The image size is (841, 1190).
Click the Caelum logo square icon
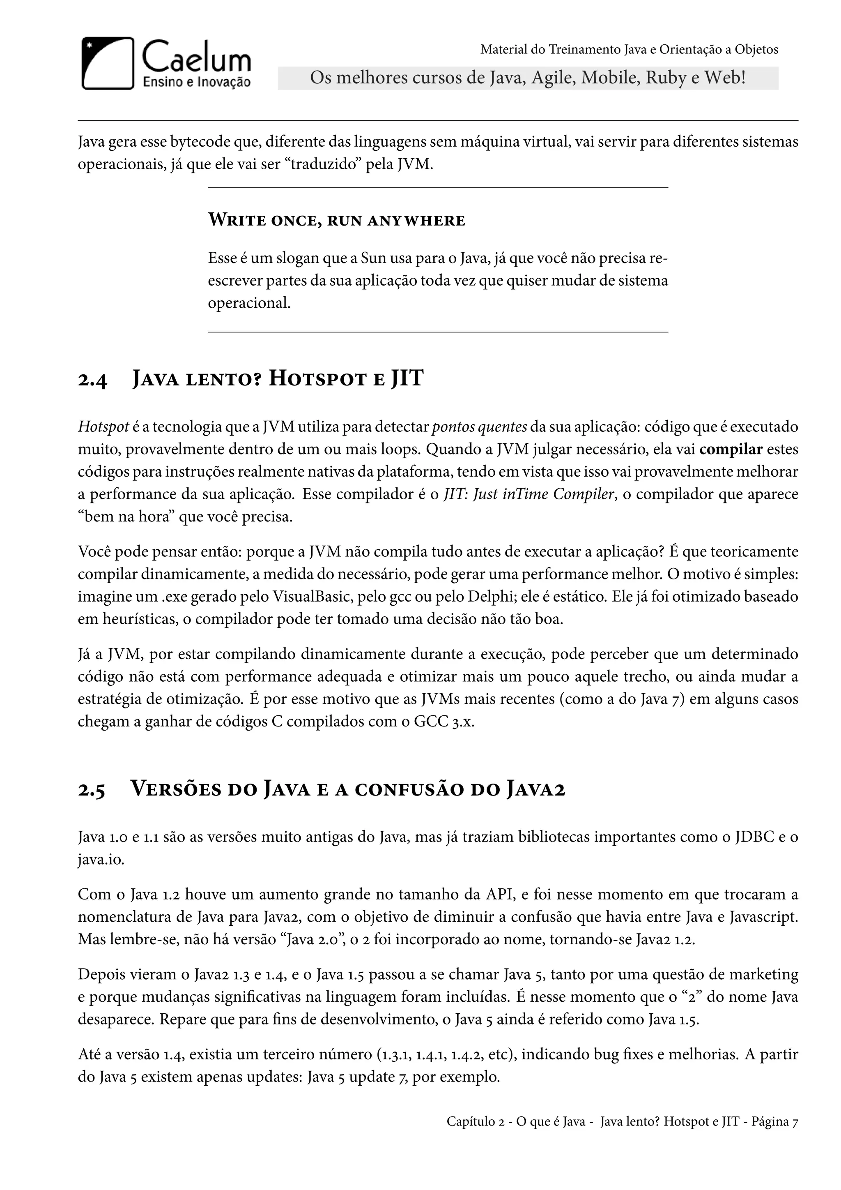point(108,63)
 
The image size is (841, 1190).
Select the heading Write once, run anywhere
point(337,220)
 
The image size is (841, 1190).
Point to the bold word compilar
point(731,450)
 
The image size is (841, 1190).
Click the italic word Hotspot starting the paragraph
point(103,427)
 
